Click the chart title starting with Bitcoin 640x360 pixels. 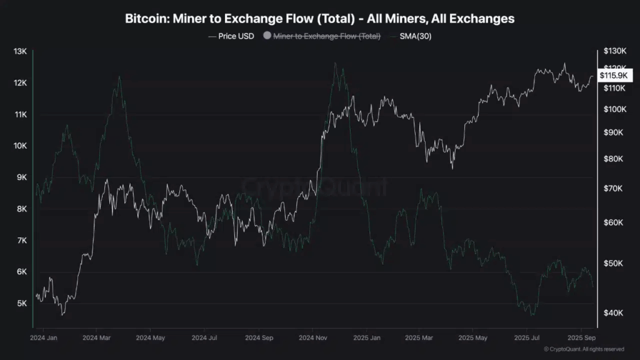pyautogui.click(x=320, y=19)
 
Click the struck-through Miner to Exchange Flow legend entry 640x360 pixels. pyautogui.click(x=327, y=36)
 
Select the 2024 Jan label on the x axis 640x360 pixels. pyautogui.click(x=43, y=337)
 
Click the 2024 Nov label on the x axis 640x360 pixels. pyautogui.click(x=314, y=337)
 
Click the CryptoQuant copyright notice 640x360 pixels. pyautogui.click(x=583, y=349)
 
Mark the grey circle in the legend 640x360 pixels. pyautogui.click(x=267, y=36)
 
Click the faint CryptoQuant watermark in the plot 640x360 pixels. pyautogui.click(x=314, y=186)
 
